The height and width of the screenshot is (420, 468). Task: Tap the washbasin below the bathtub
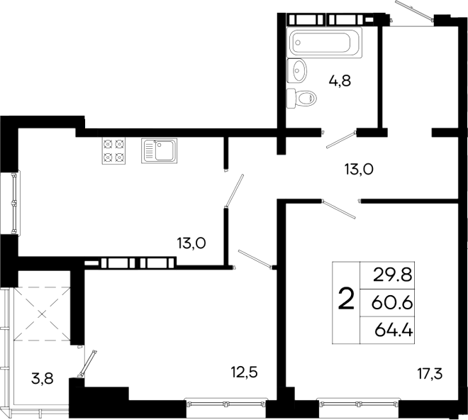299,70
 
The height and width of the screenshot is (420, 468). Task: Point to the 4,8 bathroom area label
340,80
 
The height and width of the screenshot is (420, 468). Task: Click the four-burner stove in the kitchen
114,150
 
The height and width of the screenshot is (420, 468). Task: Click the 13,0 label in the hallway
358,169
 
